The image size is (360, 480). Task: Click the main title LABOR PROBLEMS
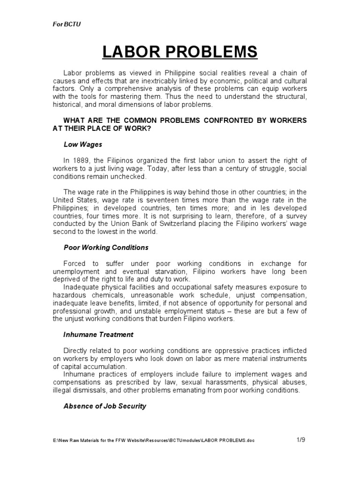(180, 52)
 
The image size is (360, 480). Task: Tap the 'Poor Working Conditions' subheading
(106, 247)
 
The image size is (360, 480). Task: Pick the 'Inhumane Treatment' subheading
(98, 335)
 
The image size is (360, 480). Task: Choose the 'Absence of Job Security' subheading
(105, 406)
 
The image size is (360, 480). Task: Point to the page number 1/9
(301, 440)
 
